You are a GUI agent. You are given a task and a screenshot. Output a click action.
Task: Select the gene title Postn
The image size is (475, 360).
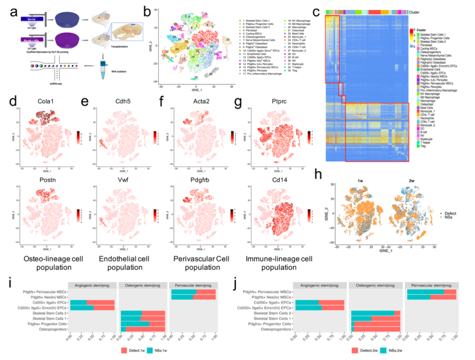pos(46,174)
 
